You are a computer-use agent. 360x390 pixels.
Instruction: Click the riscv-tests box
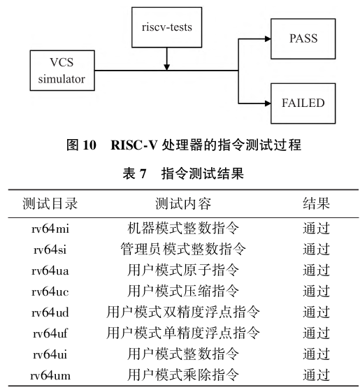click(x=166, y=27)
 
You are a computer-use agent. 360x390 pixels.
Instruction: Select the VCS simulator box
click(x=62, y=71)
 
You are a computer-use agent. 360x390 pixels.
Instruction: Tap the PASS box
click(x=303, y=38)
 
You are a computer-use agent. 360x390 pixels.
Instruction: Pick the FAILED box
click(x=303, y=103)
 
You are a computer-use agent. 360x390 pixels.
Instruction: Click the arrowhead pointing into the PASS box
click(x=268, y=38)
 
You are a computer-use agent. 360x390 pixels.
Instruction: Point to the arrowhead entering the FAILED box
click(x=268, y=103)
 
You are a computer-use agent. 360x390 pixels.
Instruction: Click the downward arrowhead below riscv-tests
click(x=166, y=67)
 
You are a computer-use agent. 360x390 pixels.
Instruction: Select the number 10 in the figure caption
click(x=89, y=145)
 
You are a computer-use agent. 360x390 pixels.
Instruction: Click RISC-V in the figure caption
click(x=134, y=145)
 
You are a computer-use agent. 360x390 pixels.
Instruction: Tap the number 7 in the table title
click(x=143, y=173)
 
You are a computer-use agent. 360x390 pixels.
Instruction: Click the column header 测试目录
click(x=50, y=203)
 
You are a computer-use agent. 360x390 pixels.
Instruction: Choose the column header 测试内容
click(x=183, y=203)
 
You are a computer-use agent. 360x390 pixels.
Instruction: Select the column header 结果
click(x=316, y=203)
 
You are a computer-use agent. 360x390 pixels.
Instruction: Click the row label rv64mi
click(x=50, y=229)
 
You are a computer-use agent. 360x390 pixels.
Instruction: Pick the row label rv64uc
click(x=50, y=291)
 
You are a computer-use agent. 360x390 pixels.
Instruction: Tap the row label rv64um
click(x=50, y=375)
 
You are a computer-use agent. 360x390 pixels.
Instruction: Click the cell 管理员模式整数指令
click(x=183, y=250)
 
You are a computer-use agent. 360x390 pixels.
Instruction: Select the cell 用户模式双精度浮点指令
click(x=183, y=312)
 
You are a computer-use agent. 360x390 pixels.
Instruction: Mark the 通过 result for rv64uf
click(x=316, y=333)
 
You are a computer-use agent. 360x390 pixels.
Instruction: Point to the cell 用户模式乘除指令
click(x=183, y=375)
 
